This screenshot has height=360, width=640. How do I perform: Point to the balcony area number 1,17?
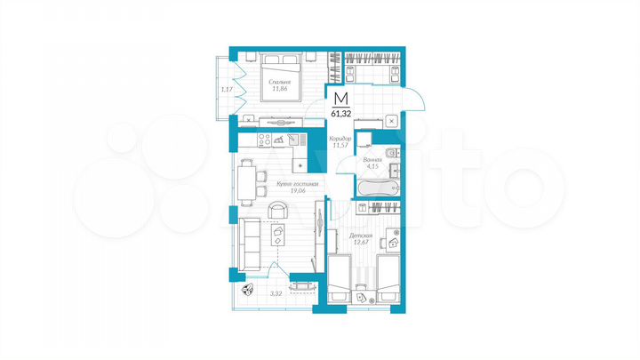coord(227,89)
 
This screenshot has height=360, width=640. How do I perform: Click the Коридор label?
coord(340,139)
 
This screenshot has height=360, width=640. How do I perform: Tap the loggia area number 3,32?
coord(276,292)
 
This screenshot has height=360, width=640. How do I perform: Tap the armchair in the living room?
coord(277,210)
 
